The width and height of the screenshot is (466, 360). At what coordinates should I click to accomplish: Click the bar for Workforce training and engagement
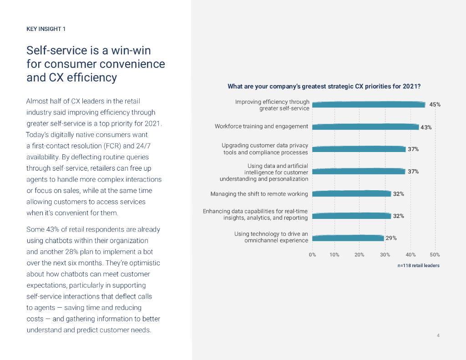tap(365, 127)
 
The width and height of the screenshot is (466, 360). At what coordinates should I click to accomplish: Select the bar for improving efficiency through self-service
tap(369, 105)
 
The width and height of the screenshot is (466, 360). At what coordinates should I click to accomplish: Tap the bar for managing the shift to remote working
tap(352, 194)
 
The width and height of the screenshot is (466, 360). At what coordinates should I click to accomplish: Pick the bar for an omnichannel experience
tap(348, 238)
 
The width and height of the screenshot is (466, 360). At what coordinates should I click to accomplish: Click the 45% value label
tap(435, 105)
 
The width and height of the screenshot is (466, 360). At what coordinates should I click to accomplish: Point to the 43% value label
tap(426, 127)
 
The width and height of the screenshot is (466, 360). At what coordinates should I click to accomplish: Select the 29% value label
tap(391, 238)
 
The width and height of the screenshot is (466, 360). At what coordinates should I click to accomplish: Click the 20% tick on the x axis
tap(359, 255)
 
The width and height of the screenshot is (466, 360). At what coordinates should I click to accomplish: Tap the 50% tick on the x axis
tap(435, 255)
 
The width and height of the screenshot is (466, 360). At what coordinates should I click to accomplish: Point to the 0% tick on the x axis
tap(313, 255)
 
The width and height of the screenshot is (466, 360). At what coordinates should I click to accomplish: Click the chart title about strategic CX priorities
tap(324, 86)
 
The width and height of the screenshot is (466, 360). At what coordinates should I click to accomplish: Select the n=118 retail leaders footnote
tap(418, 265)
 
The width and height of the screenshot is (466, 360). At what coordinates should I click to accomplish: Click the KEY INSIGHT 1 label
tap(46, 29)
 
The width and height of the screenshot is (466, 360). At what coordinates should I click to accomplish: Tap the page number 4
tap(438, 336)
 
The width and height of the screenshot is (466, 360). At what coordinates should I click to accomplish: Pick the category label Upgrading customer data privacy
tap(265, 146)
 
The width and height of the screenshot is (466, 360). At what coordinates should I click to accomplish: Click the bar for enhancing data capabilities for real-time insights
tap(352, 216)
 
